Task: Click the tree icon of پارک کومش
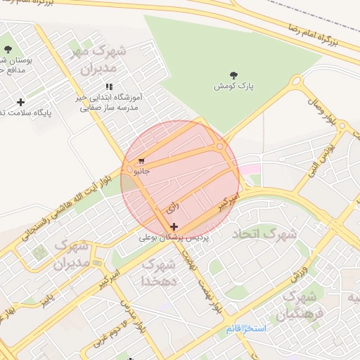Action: [233, 75]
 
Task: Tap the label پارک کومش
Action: [233, 86]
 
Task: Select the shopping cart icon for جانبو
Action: [141, 161]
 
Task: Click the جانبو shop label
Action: [141, 171]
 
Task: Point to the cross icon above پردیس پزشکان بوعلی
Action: [174, 226]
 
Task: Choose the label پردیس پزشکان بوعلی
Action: [174, 239]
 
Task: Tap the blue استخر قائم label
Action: [247, 328]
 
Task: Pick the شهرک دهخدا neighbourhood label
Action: [157, 272]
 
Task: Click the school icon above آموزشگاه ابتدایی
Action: [109, 86]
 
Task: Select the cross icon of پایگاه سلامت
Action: [20, 102]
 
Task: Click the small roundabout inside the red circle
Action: [221, 146]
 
